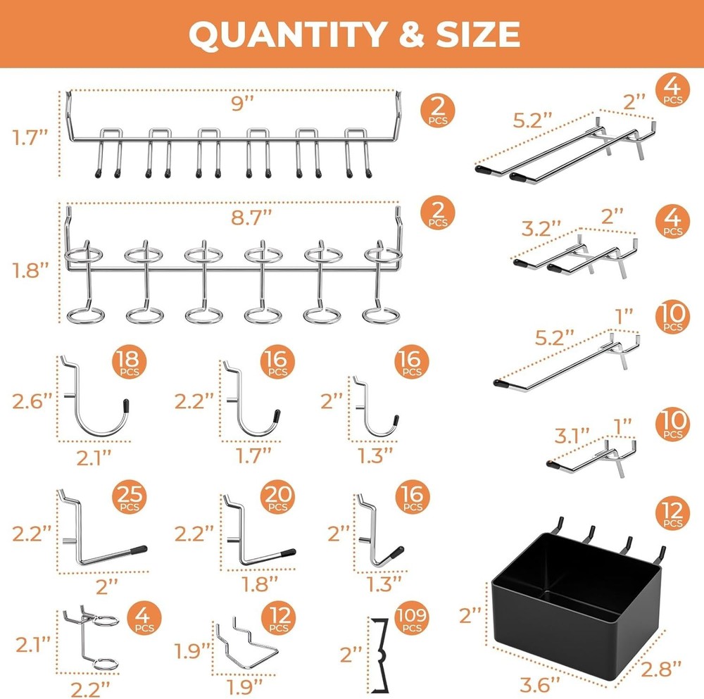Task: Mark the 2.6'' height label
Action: [x=32, y=403]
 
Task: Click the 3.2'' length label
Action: [x=541, y=227]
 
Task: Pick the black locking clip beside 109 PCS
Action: [x=381, y=655]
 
